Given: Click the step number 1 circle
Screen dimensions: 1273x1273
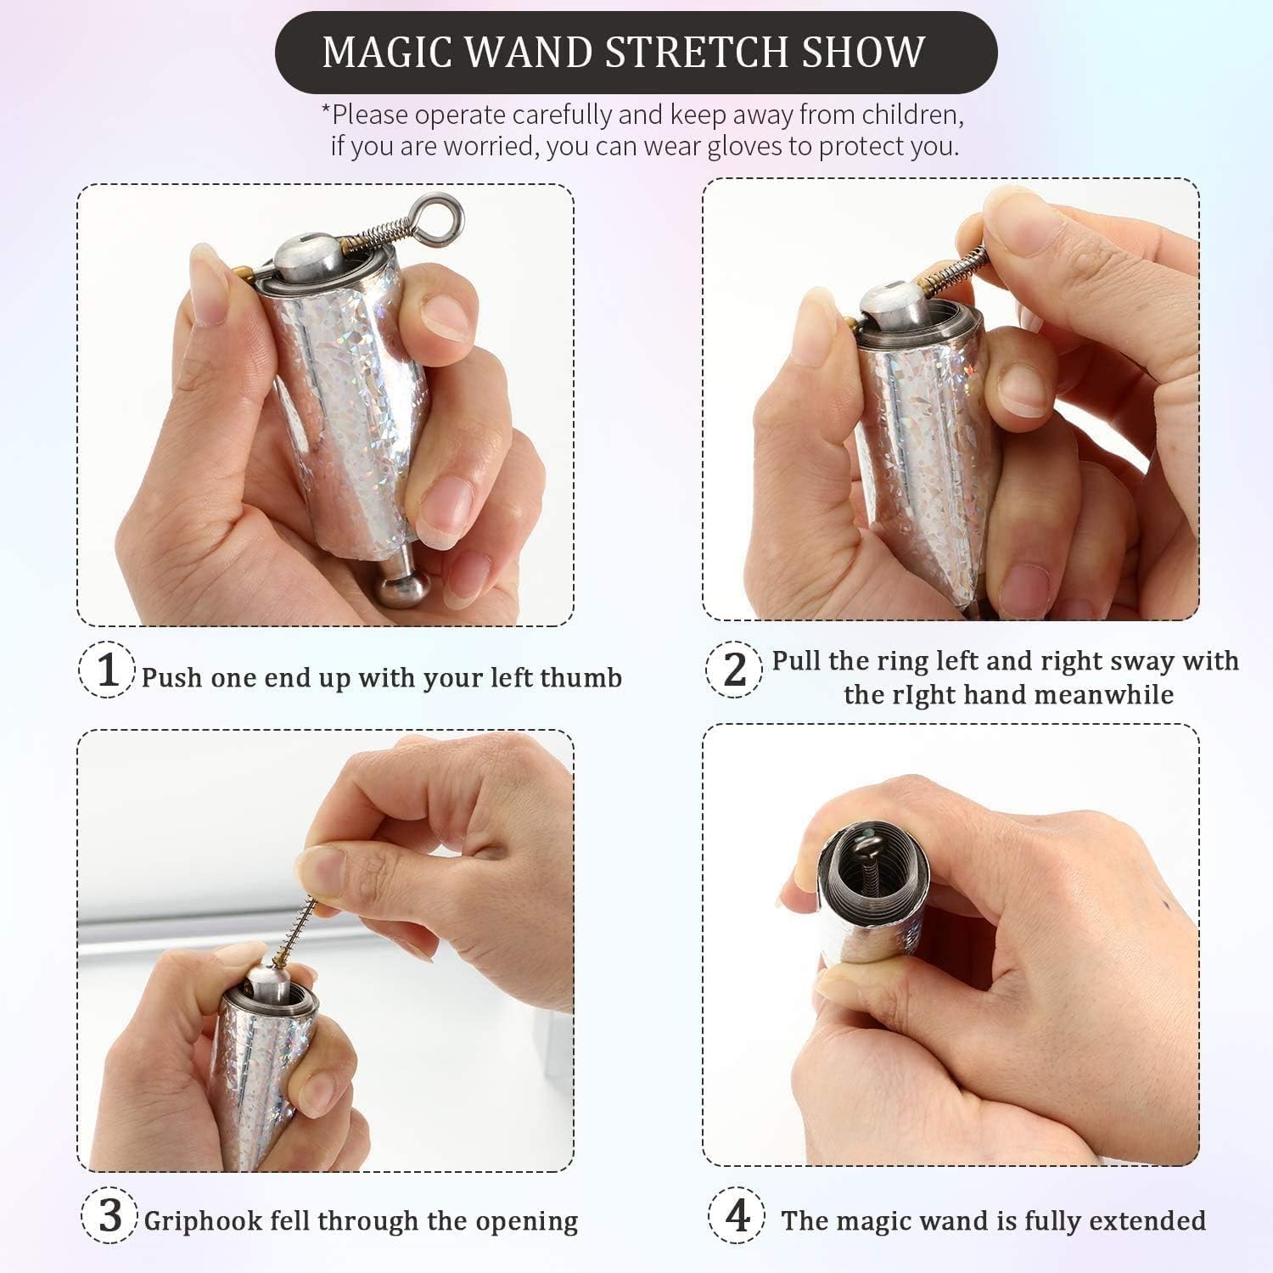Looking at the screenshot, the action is (107, 670).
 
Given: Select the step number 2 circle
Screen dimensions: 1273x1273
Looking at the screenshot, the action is (733, 670).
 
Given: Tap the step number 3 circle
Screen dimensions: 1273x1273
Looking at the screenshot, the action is (109, 1215).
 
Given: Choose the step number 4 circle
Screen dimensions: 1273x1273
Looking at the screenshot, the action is (737, 1215).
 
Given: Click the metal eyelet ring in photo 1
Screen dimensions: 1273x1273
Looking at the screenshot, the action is (440, 210).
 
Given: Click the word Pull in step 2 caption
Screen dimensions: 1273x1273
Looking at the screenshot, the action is (796, 660).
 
